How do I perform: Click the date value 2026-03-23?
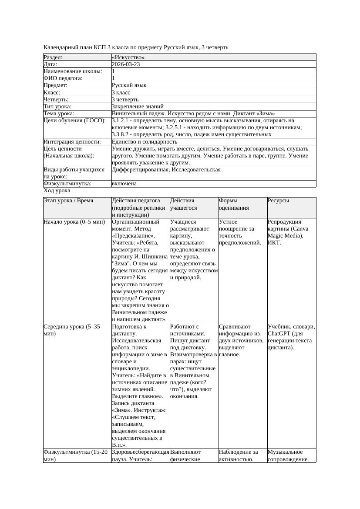pyautogui.click(x=126, y=64)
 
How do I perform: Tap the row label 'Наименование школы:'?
pyautogui.click(x=73, y=71)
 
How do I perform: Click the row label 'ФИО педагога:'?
pyautogui.click(x=63, y=78)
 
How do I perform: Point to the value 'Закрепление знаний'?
pyautogui.click(x=138, y=106)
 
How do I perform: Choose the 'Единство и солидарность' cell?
pyautogui.click(x=144, y=141)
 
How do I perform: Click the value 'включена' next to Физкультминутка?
pyautogui.click(x=124, y=184)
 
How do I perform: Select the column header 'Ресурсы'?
pyautogui.click(x=279, y=201)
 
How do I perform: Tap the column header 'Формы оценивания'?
pyautogui.click(x=234, y=204)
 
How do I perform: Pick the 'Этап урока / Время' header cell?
pyautogui.click(x=71, y=201)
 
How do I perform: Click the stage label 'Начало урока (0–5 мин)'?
pyautogui.click(x=74, y=222)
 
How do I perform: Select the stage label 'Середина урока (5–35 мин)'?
pyautogui.click(x=72, y=330)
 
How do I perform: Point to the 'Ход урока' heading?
pyautogui.click(x=57, y=191)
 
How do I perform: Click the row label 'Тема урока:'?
pyautogui.click(x=59, y=113)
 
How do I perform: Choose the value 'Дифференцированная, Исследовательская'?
pyautogui.click(x=166, y=170)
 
